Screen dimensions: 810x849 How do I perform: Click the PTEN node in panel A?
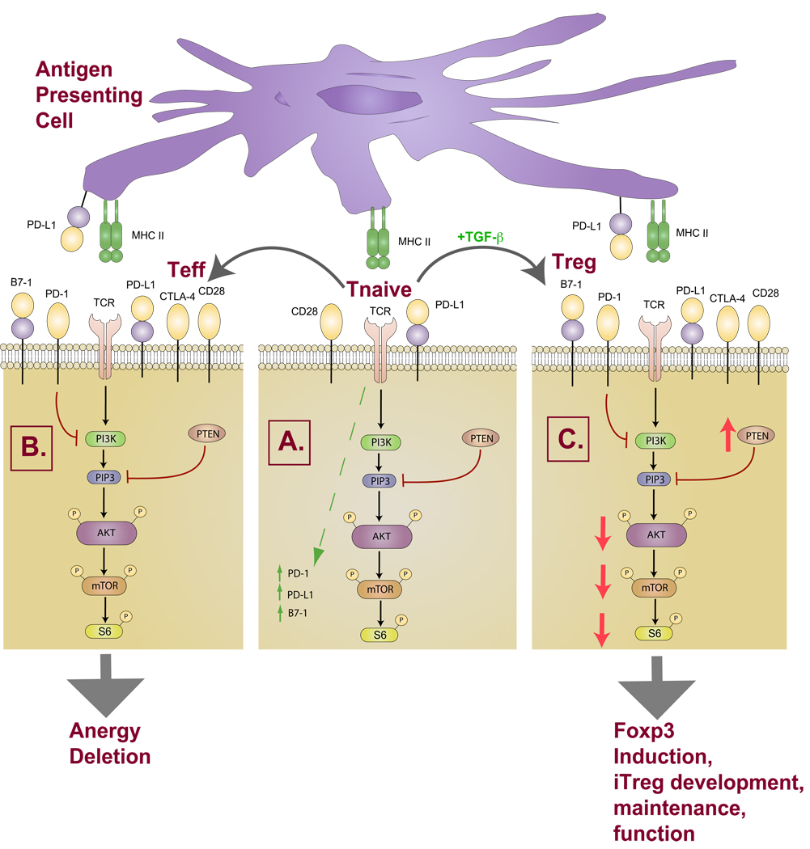click(481, 438)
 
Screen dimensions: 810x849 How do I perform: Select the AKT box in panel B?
click(106, 533)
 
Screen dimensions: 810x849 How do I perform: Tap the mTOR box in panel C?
click(655, 588)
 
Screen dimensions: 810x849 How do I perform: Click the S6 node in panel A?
click(380, 635)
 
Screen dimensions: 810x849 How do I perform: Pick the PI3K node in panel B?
click(106, 438)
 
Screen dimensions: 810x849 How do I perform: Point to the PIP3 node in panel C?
click(655, 479)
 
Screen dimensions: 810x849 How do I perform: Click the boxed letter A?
click(290, 442)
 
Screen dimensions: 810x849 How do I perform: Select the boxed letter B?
click(32, 447)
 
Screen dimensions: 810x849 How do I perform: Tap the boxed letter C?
click(568, 438)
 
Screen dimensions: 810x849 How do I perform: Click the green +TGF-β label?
click(480, 237)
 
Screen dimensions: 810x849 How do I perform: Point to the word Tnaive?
click(379, 289)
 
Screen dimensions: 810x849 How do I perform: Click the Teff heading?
click(186, 269)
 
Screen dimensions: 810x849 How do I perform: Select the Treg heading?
click(574, 262)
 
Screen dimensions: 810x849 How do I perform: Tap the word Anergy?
click(104, 732)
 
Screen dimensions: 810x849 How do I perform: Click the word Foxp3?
click(643, 732)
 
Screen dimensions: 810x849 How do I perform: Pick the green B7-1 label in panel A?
click(298, 613)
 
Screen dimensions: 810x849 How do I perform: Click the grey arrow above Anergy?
click(106, 686)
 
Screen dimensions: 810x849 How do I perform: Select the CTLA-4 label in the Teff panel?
click(177, 296)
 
